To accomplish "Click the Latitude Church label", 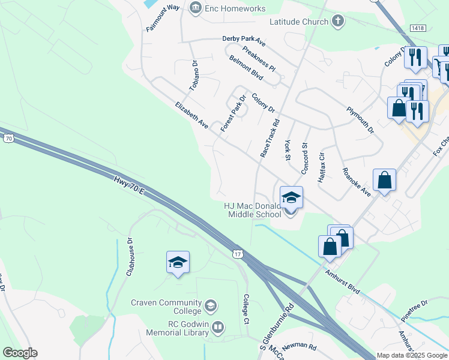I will tap(298, 22).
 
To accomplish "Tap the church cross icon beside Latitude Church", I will tap(338, 22).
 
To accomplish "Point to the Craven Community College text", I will tap(166, 307).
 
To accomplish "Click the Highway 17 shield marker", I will tap(238, 254).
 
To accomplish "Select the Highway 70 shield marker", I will tap(8, 139).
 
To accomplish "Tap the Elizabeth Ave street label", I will tap(191, 115).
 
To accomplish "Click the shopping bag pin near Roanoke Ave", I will tap(384, 181).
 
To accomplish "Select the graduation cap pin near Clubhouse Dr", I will tap(178, 263).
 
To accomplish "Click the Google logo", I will tap(20, 353).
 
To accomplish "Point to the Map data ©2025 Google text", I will tap(412, 355).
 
